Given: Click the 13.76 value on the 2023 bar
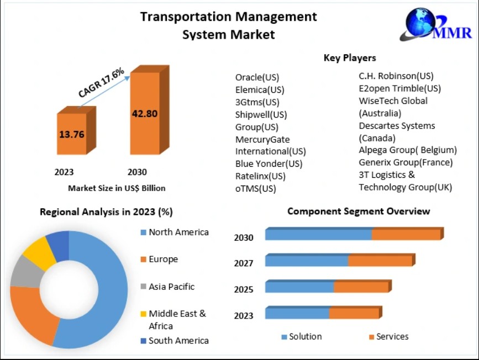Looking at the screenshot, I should point(71,134).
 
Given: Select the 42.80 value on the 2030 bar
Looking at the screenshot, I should point(145,114).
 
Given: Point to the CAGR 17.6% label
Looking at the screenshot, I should point(101,83).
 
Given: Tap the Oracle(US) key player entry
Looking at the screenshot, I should point(257,77).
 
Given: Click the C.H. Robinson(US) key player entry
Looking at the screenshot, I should point(396,76).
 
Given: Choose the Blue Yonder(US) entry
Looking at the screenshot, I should point(269,163).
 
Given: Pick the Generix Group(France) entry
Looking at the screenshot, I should point(406,162).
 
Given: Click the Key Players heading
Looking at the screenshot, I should point(350,57).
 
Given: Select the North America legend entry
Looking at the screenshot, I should point(178,232).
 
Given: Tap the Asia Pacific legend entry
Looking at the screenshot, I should point(171,287).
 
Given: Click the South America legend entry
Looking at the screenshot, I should point(178,341).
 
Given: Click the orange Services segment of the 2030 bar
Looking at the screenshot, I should point(406,234).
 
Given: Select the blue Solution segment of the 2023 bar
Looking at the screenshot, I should point(297,314).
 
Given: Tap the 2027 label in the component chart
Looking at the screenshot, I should point(244,263).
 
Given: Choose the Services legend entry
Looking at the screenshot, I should point(392,336).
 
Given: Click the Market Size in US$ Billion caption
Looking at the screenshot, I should point(117,188).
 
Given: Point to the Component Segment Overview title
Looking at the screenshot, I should point(359,211).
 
